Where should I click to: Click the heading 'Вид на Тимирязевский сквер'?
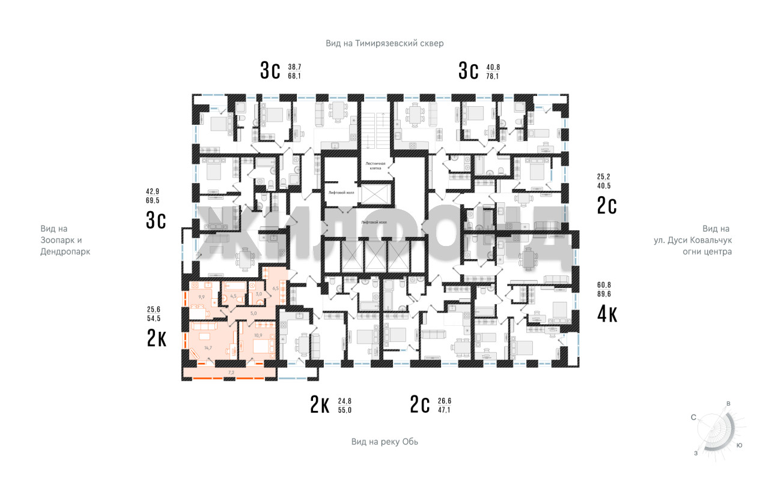tap(384, 43)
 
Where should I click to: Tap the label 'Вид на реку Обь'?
tap(384, 442)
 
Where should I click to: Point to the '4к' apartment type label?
tap(607, 314)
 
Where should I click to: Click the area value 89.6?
tap(604, 294)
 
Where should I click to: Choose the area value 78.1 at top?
tap(493, 76)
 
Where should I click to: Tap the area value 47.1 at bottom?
tap(443, 410)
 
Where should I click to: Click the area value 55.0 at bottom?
tap(345, 410)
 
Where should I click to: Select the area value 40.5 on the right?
tap(604, 186)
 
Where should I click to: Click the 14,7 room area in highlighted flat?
tap(208, 348)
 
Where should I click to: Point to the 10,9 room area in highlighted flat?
tap(259, 335)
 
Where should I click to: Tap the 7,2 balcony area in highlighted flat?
tap(231, 373)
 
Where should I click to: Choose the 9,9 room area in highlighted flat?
tap(201, 296)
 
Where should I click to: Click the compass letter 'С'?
tap(693, 417)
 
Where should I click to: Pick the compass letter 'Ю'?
tap(740, 445)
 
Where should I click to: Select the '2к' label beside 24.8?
tap(320, 406)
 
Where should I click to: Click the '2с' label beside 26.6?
tap(420, 406)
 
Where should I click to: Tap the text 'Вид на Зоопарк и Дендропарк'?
tap(65, 240)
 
